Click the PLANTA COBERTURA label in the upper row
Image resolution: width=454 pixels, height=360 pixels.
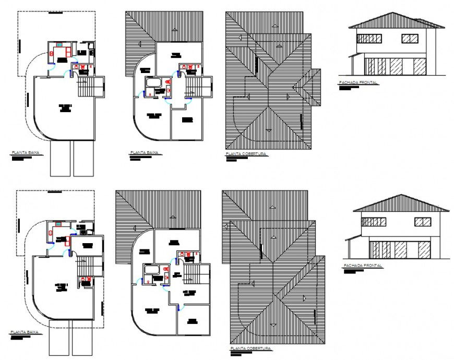(246, 154)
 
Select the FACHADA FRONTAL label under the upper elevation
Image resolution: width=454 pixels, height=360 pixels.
(358, 83)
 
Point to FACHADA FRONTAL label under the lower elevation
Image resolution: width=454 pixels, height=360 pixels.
(363, 266)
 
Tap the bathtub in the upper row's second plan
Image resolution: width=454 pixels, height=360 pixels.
(153, 83)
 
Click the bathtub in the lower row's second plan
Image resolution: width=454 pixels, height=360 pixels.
(152, 270)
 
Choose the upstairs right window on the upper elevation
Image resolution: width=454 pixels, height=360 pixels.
(410, 38)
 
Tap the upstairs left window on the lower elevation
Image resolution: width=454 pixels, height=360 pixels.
(373, 222)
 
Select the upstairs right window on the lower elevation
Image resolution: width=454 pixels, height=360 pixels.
(423, 222)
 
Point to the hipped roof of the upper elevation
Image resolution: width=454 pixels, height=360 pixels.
(397, 21)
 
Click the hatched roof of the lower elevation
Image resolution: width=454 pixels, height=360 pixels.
(401, 203)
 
